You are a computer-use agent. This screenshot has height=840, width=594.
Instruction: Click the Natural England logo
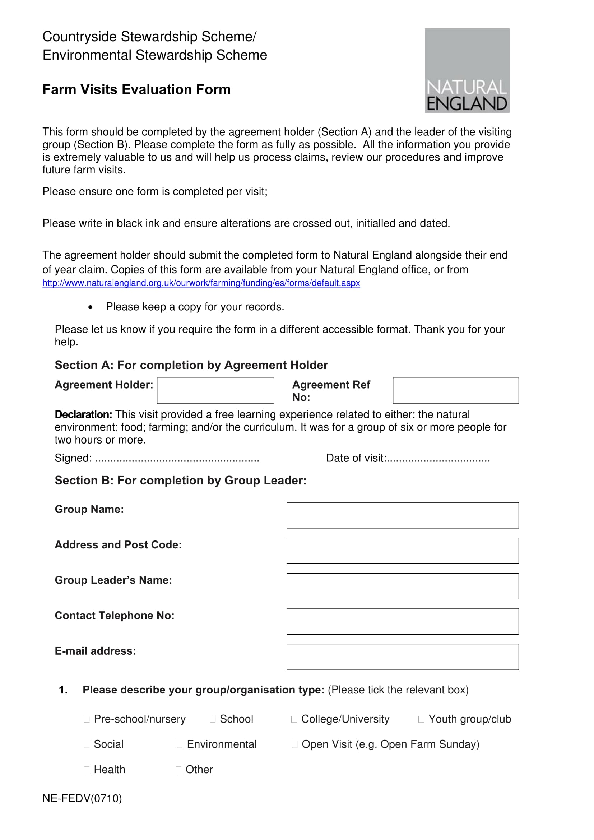tap(467, 70)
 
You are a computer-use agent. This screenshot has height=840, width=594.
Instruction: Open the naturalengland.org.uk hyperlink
tap(201, 283)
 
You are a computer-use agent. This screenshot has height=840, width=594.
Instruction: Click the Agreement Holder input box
tap(215, 390)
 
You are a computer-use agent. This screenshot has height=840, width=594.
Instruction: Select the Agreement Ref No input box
tap(455, 390)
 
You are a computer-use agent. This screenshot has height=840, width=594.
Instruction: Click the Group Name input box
tap(402, 515)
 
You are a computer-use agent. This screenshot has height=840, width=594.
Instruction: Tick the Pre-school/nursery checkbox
tap(87, 719)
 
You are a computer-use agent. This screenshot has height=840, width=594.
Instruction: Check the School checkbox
tap(213, 719)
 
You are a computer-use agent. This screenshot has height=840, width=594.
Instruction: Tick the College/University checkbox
tap(294, 719)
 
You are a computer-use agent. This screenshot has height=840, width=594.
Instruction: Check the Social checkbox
tap(87, 744)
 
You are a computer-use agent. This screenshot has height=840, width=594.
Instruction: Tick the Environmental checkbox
tap(180, 744)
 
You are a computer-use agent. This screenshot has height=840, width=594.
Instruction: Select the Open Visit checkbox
tap(294, 744)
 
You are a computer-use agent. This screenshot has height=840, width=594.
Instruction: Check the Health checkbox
tap(87, 770)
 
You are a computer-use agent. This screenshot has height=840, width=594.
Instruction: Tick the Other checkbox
tap(178, 770)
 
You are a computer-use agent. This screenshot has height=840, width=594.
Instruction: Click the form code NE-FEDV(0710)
tap(82, 798)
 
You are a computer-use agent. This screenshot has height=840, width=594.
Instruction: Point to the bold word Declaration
tap(83, 414)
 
